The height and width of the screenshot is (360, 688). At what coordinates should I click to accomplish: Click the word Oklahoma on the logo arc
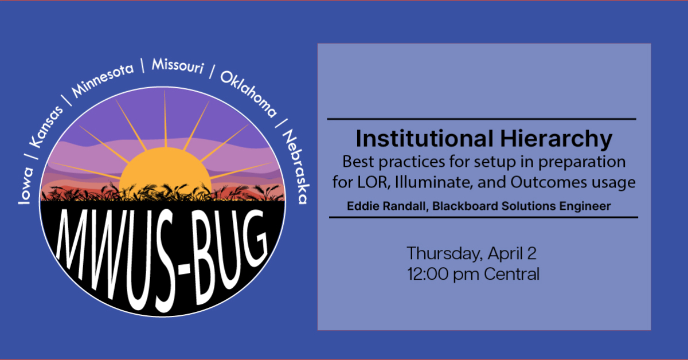point(248,92)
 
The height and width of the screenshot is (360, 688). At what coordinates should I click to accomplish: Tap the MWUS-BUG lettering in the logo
point(163,241)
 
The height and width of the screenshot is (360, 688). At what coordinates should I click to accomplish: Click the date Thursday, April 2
point(472,253)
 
